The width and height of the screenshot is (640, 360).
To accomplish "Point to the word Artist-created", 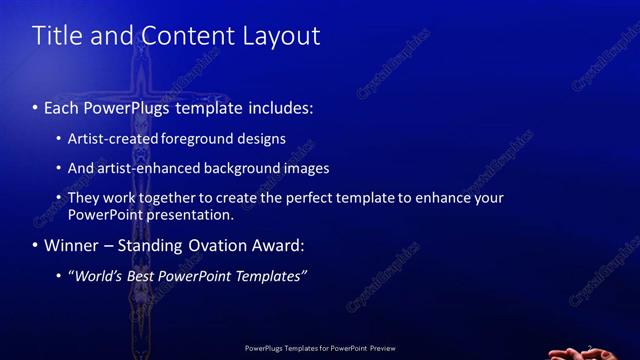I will [109, 139].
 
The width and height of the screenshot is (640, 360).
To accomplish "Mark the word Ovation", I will [214, 245].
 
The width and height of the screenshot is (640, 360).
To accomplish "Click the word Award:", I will [276, 245].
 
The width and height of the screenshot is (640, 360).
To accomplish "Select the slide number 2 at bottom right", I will [589, 347].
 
